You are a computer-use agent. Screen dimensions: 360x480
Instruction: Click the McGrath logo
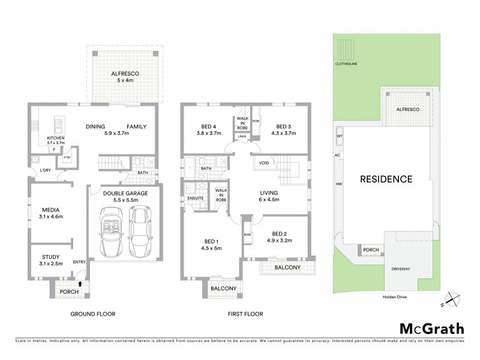pyautogui.click(x=431, y=329)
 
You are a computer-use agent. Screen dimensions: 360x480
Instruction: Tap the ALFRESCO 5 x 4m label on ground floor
pyautogui.click(x=124, y=76)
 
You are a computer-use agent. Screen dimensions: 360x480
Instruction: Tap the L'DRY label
pyautogui.click(x=45, y=171)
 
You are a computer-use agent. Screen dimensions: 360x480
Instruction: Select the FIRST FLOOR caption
pyautogui.click(x=245, y=314)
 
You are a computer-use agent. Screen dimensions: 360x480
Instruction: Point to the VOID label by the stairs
pyautogui.click(x=263, y=163)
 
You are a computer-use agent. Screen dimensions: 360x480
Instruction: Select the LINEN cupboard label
pyautogui.click(x=242, y=136)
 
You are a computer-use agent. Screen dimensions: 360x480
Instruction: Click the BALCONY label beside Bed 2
pyautogui.click(x=289, y=267)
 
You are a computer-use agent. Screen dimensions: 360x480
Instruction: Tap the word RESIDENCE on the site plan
pyautogui.click(x=386, y=179)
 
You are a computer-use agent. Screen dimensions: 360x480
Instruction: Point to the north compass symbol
pyautogui.click(x=451, y=299)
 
